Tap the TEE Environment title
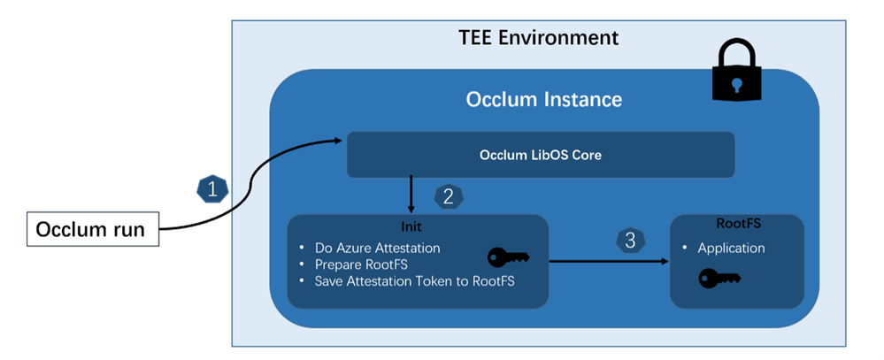538,38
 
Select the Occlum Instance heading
544,99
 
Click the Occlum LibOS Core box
541,155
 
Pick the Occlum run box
93,229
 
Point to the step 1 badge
212,190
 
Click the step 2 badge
449,196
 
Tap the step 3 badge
630,241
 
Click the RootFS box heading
739,223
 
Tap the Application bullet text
731,249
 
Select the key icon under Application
719,279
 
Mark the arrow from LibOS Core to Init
411,195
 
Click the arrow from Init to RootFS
609,262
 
